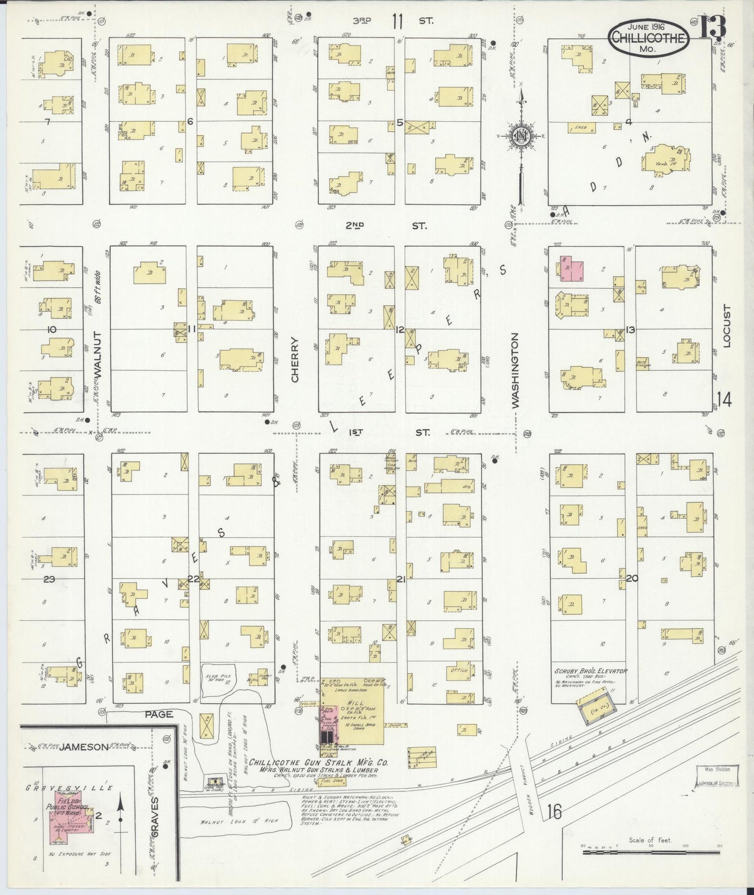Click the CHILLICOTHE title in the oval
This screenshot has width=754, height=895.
(649, 37)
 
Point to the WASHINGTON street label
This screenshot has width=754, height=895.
(516, 370)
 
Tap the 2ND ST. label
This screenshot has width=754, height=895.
(386, 226)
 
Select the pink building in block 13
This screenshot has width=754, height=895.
(572, 268)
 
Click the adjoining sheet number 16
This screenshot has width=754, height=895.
(554, 812)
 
